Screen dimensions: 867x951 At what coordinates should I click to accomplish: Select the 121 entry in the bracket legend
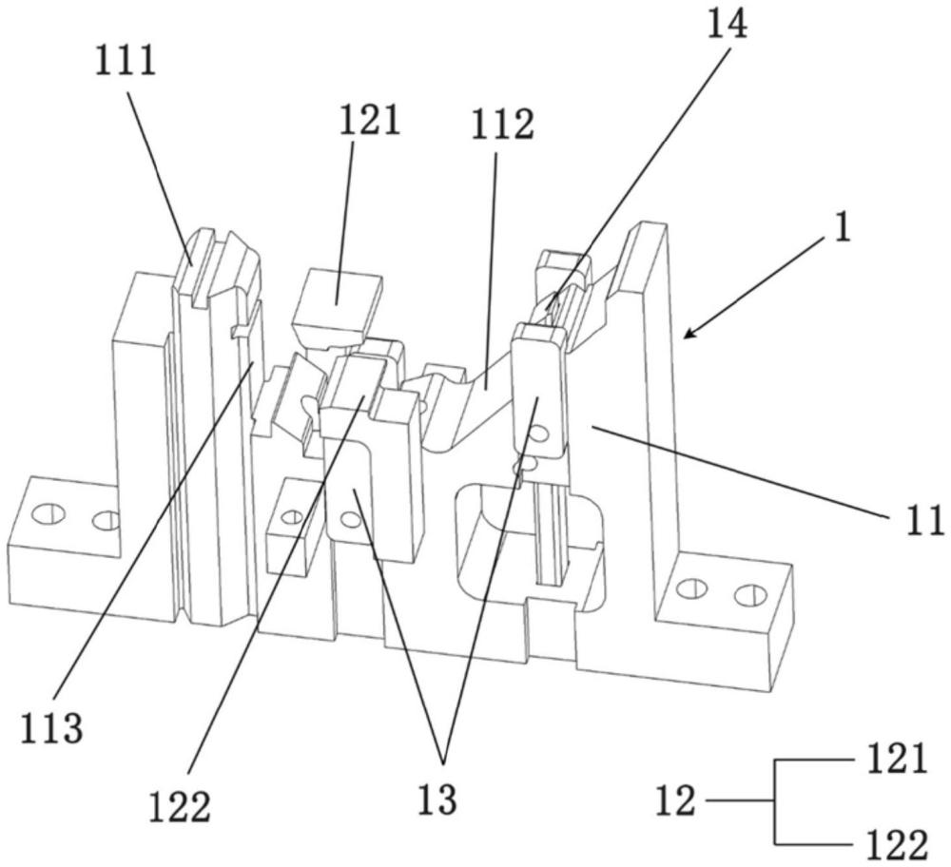click(x=893, y=761)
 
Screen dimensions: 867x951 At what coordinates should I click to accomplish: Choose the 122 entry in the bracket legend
click(x=893, y=844)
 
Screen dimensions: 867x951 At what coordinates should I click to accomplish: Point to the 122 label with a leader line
click(x=179, y=807)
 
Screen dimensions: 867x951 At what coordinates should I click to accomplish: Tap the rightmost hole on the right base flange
click(x=750, y=595)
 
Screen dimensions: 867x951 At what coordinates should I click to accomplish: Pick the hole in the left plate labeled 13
click(x=350, y=519)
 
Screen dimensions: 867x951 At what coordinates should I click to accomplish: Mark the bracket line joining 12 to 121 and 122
click(x=776, y=802)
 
